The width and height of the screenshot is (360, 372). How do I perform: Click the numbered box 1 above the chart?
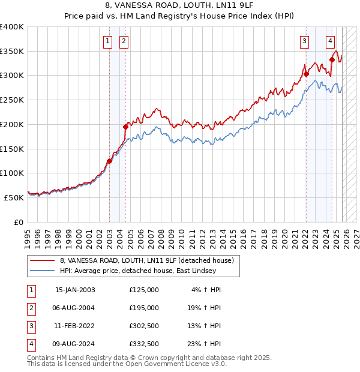(x=107, y=41)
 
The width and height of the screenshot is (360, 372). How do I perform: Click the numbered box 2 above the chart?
(x=123, y=41)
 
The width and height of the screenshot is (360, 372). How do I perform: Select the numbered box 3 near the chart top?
(x=305, y=41)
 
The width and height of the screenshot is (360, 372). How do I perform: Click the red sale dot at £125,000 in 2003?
(x=110, y=161)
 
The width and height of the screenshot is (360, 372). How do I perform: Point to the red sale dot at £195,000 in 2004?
(x=126, y=127)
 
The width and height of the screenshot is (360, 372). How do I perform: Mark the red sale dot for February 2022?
(x=306, y=74)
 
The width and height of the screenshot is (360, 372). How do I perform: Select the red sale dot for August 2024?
(x=332, y=59)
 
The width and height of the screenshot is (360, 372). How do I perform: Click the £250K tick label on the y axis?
(x=12, y=100)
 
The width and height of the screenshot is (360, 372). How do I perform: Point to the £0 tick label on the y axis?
(x=18, y=222)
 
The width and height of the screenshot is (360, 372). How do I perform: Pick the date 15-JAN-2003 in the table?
(x=74, y=290)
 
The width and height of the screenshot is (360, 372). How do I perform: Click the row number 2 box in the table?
(x=29, y=308)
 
